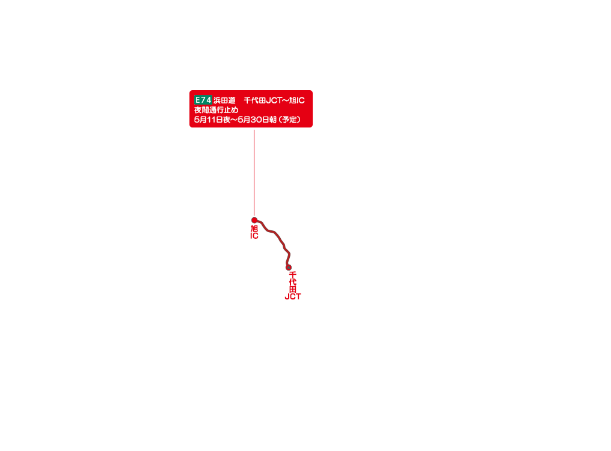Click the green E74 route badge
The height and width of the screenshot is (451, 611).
pos(203,100)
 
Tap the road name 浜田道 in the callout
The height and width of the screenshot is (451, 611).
pos(224,100)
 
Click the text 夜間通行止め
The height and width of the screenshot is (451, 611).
pos(216,110)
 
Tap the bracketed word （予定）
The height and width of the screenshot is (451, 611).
pos(290,120)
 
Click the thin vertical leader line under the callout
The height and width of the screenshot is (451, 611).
pos(254,173)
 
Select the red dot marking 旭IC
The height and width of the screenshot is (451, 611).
pos(254,220)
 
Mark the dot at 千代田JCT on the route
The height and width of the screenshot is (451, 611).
pos(289,268)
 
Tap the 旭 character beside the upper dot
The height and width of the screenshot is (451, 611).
pos(254,229)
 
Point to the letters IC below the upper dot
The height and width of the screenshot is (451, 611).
pos(254,236)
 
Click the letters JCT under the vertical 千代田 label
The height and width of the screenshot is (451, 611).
pos(293,296)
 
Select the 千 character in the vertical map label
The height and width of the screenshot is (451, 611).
pos(293,275)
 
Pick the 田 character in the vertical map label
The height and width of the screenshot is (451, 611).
pos(293,289)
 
